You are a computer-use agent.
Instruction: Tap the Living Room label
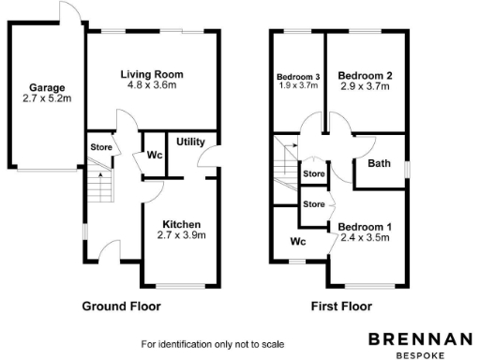coord(151,74)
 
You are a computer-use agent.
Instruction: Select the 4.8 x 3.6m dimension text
coord(151,85)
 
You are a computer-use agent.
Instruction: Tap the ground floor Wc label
coord(152,155)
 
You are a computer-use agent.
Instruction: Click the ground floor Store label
coord(101,148)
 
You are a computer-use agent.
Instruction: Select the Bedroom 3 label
coord(298,77)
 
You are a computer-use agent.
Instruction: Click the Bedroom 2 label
coord(365,75)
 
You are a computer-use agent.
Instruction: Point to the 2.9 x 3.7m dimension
coord(365,86)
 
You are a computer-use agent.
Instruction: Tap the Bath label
coord(379,163)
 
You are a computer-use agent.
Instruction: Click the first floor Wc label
coord(299,242)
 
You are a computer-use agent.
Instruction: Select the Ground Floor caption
coord(121,306)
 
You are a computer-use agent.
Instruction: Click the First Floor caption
coord(341,306)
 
